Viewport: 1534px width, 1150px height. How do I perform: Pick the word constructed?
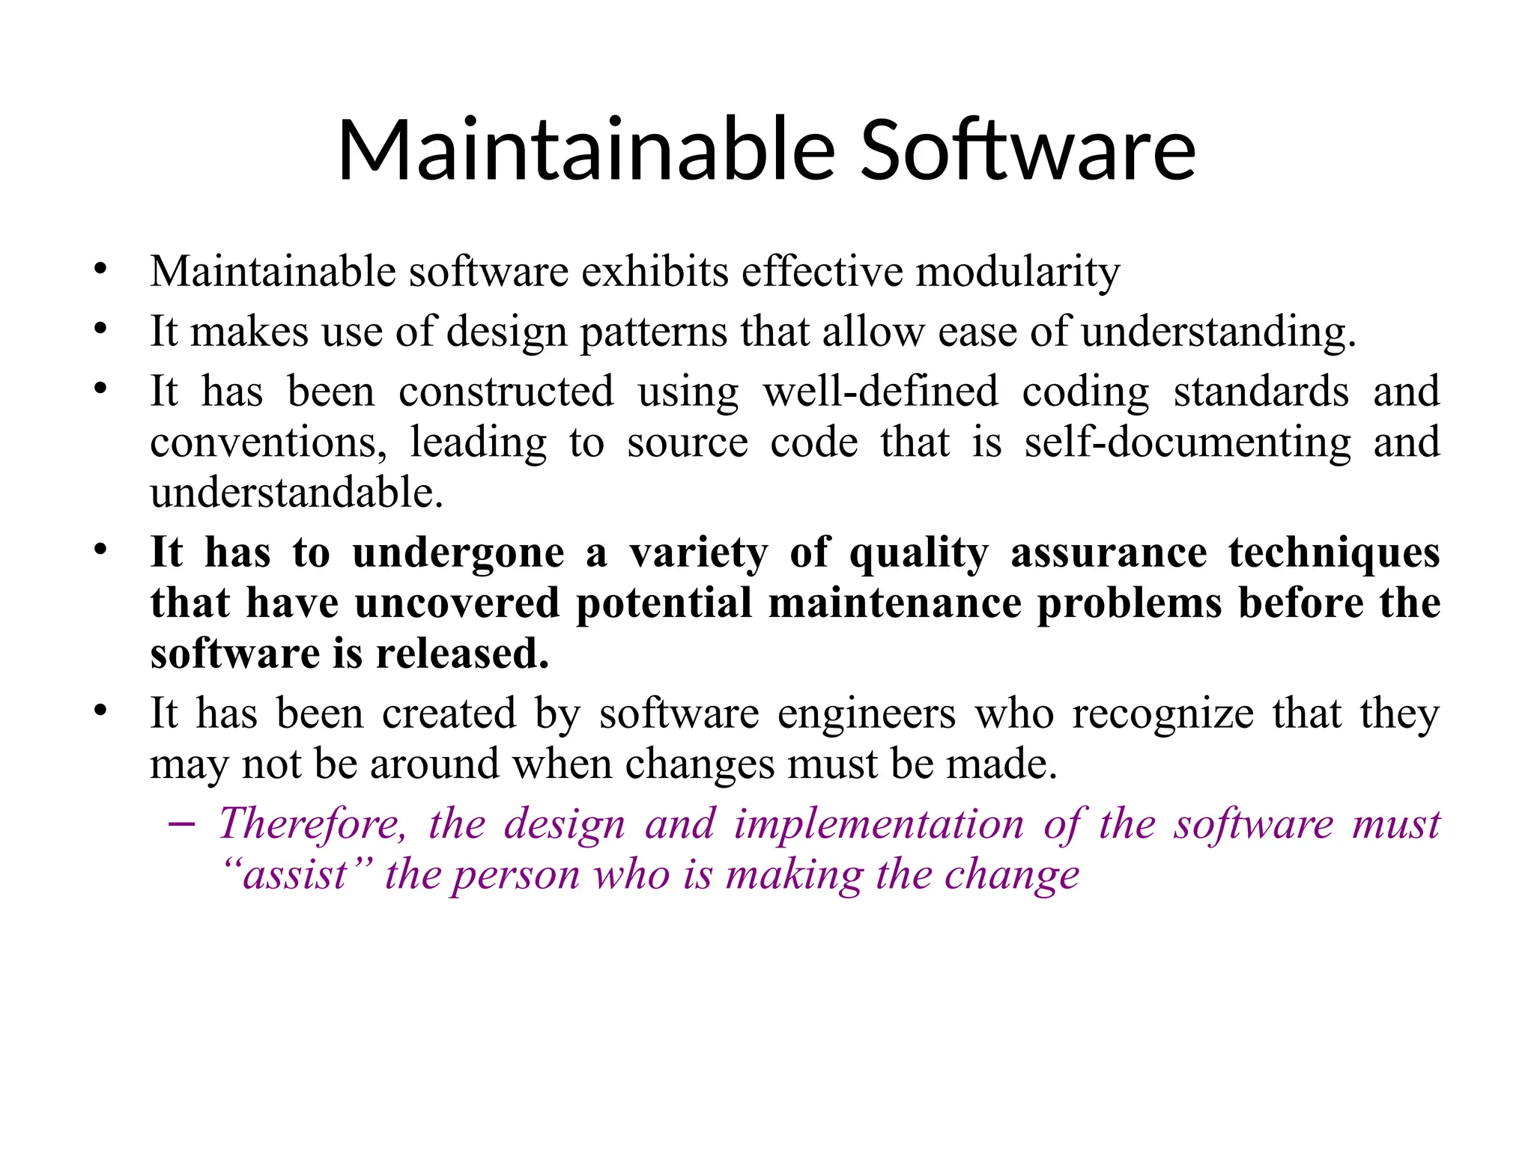point(506,392)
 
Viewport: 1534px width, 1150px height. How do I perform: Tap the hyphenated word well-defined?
point(881,392)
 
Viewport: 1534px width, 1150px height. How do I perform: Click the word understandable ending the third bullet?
point(297,493)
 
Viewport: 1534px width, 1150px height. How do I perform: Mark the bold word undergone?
point(458,554)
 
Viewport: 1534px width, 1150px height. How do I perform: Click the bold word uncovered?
point(457,603)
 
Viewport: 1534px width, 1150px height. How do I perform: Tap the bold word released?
point(462,654)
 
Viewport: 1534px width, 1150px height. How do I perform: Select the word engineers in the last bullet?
point(867,714)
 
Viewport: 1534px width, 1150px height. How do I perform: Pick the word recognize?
point(1162,714)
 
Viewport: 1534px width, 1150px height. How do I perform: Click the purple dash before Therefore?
point(182,825)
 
